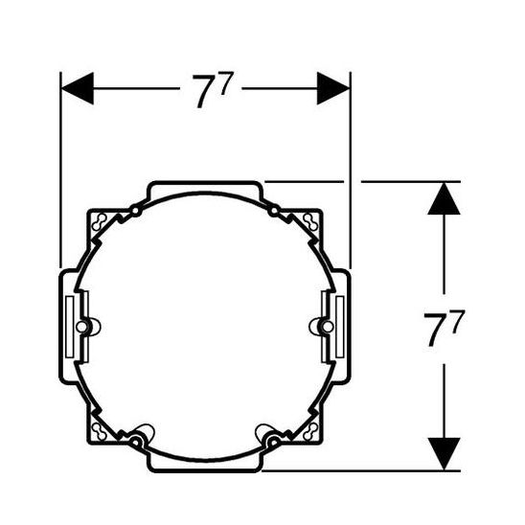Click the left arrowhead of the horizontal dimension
78,88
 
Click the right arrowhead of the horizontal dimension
333,88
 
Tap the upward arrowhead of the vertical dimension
444,198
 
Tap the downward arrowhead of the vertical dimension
444,454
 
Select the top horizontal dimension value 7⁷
212,90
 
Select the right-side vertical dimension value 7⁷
444,329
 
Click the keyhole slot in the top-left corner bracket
100,221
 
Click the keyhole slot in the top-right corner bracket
310,221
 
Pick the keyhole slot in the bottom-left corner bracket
100,431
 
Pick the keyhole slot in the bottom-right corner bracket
310,431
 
